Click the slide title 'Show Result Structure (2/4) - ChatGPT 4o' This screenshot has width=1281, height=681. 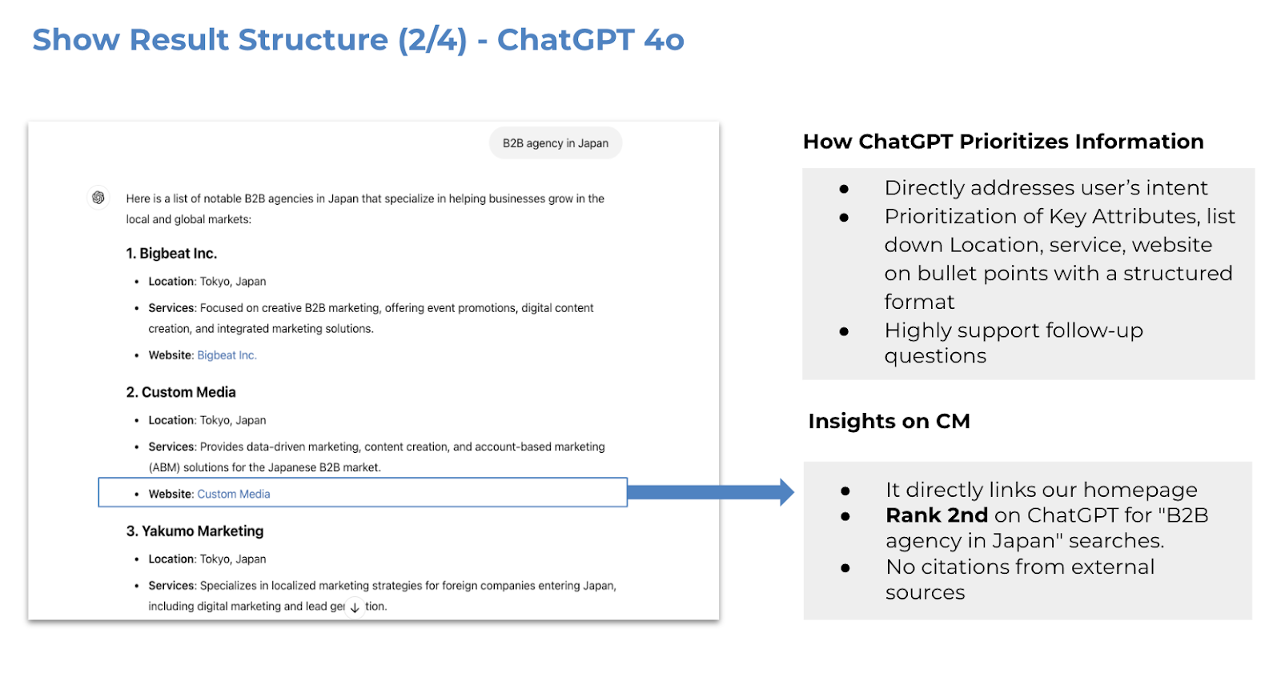pyautogui.click(x=358, y=39)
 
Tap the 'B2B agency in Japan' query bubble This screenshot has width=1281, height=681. pyautogui.click(x=556, y=143)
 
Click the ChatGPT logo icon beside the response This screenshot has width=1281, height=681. pyautogui.click(x=98, y=198)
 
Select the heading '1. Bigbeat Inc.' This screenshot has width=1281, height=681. pyautogui.click(x=171, y=254)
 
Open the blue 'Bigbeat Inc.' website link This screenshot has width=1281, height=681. pyautogui.click(x=227, y=355)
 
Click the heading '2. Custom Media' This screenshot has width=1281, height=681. pyautogui.click(x=181, y=392)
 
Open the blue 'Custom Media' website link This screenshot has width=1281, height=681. pyautogui.click(x=233, y=494)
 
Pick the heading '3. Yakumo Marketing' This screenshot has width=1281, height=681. pyautogui.click(x=195, y=531)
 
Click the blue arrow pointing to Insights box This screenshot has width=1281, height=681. pyautogui.click(x=711, y=491)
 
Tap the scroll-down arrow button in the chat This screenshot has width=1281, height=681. pyautogui.click(x=355, y=608)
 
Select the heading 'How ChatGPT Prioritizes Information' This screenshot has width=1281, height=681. pyautogui.click(x=1003, y=141)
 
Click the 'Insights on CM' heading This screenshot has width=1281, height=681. pyautogui.click(x=889, y=421)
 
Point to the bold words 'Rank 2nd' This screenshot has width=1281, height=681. pyautogui.click(x=937, y=515)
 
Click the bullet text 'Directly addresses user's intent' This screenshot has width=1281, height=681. pyautogui.click(x=1046, y=187)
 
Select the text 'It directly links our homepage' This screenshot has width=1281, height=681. pyautogui.click(x=1042, y=490)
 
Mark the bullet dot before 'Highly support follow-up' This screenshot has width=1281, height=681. pyautogui.click(x=844, y=331)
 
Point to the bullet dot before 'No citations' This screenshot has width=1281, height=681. pyautogui.click(x=845, y=568)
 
